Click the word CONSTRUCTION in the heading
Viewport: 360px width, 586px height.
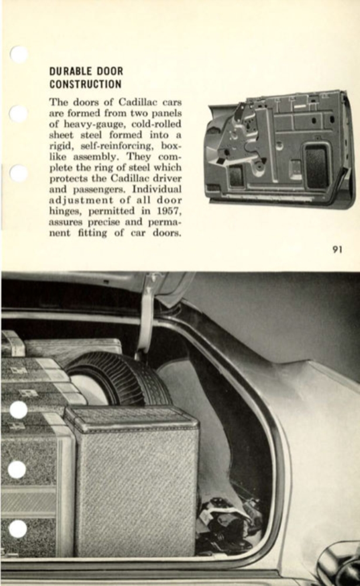point(85,84)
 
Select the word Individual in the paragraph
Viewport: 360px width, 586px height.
point(157,189)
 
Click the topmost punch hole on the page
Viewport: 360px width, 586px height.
point(19,54)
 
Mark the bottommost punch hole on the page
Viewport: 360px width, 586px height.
point(18,529)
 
